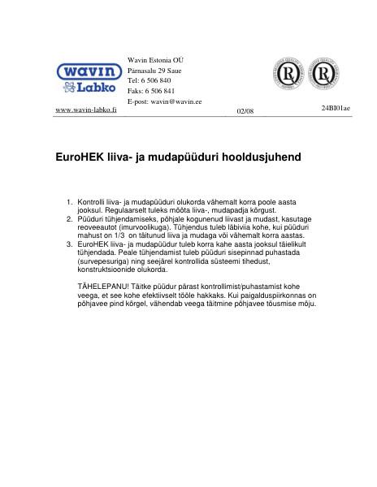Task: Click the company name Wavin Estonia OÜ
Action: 156,62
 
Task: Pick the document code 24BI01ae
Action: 335,108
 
